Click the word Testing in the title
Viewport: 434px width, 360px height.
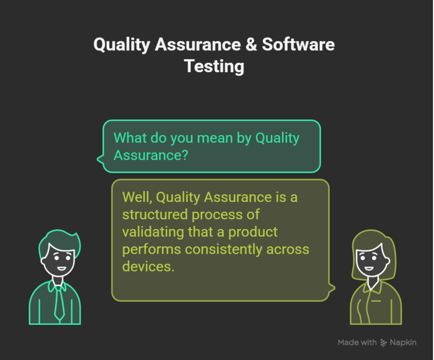click(x=214, y=66)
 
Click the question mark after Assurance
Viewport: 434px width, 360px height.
click(x=185, y=155)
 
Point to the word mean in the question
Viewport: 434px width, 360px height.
click(x=215, y=138)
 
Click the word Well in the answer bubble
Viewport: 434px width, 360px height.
click(x=136, y=197)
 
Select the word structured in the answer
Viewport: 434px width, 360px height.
click(x=155, y=214)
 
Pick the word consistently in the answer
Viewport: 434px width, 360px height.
click(x=223, y=249)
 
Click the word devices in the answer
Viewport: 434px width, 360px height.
click(x=148, y=267)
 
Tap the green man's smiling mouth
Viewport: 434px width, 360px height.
click(x=62, y=269)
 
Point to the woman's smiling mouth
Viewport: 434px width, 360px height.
click(x=369, y=268)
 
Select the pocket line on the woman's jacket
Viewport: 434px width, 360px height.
click(x=376, y=301)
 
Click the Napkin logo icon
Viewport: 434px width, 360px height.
click(x=383, y=343)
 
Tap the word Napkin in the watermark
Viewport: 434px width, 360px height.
click(x=403, y=342)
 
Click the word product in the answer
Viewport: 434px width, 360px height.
click(x=253, y=232)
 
